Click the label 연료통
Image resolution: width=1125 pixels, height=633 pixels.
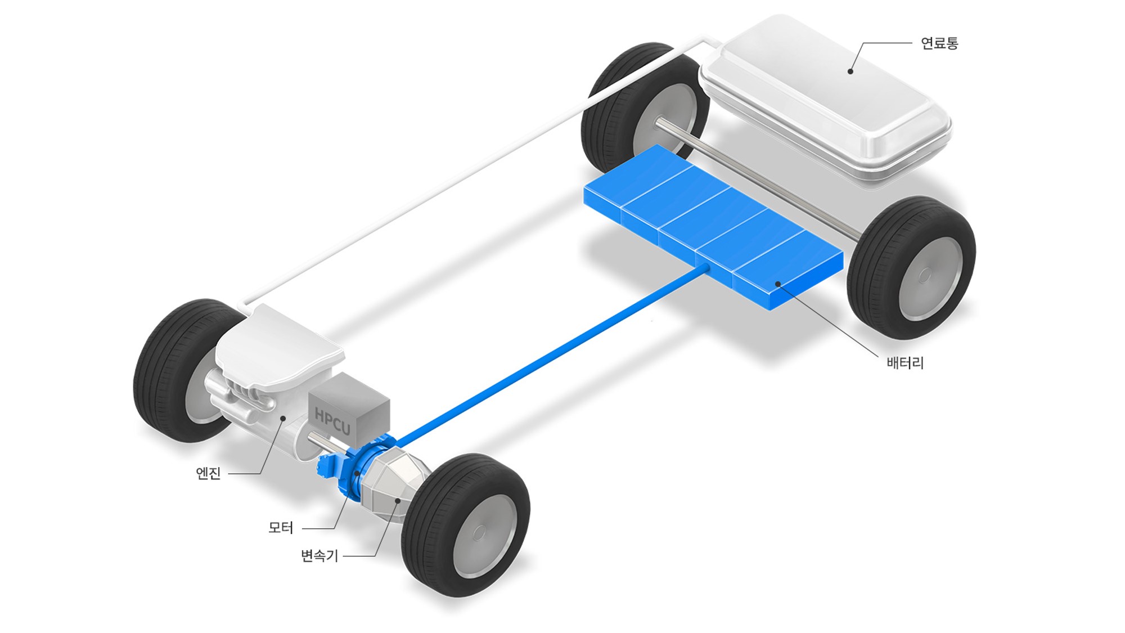pyautogui.click(x=939, y=43)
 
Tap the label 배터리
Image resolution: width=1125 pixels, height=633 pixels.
pyautogui.click(x=905, y=363)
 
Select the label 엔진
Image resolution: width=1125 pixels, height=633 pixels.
pyautogui.click(x=208, y=473)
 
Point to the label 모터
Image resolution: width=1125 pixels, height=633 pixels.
pyautogui.click(x=281, y=528)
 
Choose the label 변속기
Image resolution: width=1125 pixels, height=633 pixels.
pyautogui.click(x=319, y=556)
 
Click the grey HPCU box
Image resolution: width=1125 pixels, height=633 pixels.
pyautogui.click(x=349, y=410)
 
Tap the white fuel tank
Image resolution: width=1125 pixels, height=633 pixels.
pyautogui.click(x=825, y=98)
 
